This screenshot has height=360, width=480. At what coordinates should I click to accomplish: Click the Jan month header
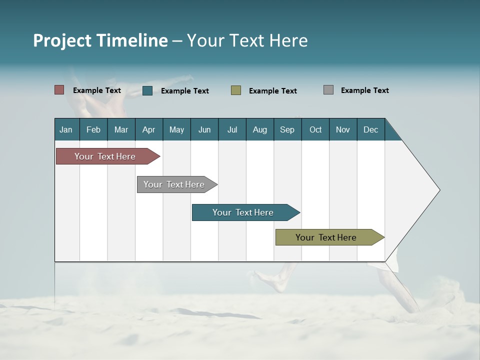66,129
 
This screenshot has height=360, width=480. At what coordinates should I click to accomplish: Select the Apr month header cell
149,129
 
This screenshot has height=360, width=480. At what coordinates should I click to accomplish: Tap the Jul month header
232,129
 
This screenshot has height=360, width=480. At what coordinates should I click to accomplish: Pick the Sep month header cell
287,129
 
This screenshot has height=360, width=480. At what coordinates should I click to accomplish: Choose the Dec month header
370,129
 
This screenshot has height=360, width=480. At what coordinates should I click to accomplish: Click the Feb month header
93,129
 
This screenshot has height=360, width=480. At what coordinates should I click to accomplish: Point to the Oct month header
315,129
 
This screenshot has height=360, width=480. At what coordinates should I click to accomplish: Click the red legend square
59,90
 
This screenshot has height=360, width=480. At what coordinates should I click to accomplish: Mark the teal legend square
147,90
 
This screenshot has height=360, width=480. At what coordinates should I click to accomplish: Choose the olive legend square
236,90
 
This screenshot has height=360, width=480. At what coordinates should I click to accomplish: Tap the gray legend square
328,90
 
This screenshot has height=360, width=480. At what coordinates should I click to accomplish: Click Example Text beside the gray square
364,90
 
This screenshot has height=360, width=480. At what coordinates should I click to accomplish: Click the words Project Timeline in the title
100,40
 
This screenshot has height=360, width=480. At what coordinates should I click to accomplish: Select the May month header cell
176,129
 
